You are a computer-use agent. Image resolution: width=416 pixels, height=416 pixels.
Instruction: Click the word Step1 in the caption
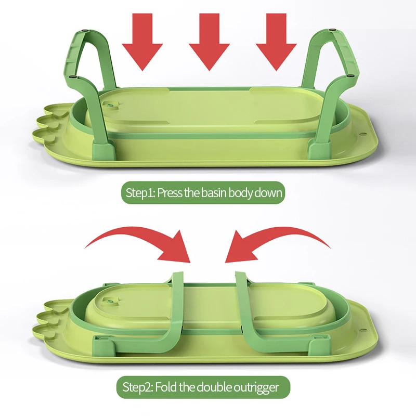[x=139, y=193]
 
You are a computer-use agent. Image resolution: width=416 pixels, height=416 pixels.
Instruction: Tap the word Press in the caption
[x=169, y=193]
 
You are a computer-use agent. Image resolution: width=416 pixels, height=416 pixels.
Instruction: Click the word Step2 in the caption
[x=137, y=387]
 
